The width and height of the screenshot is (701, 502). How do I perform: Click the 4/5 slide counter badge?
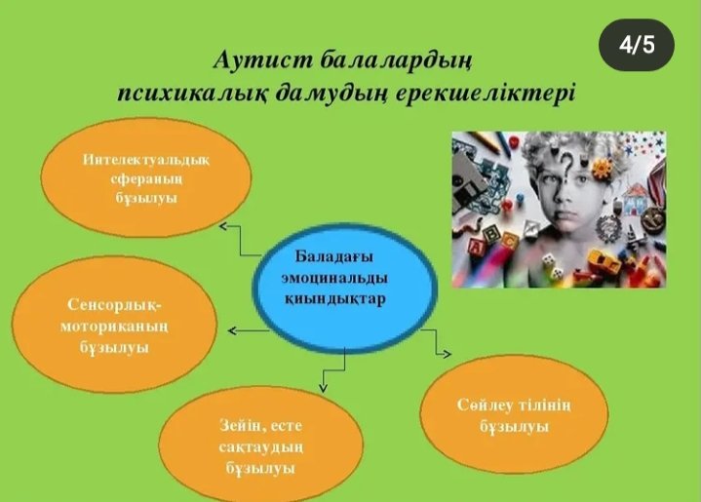(637, 45)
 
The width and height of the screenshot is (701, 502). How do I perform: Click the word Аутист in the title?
(262, 60)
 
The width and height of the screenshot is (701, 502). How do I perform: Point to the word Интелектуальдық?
(145, 160)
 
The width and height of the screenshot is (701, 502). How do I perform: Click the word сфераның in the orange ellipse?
(146, 179)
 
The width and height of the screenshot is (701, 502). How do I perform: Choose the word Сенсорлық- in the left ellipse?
(116, 305)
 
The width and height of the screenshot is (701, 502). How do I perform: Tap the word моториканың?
(114, 327)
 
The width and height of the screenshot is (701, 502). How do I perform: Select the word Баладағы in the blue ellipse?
(334, 257)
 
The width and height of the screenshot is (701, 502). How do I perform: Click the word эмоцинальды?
(334, 278)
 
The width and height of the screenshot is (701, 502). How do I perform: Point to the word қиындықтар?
(335, 298)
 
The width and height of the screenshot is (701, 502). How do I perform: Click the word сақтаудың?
(260, 447)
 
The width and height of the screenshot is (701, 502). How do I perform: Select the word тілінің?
(545, 405)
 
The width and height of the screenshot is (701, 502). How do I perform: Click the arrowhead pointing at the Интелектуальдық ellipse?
(223, 226)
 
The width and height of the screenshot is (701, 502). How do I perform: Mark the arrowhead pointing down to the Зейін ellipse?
(323, 388)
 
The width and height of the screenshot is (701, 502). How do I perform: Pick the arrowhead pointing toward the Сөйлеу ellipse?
(448, 354)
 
